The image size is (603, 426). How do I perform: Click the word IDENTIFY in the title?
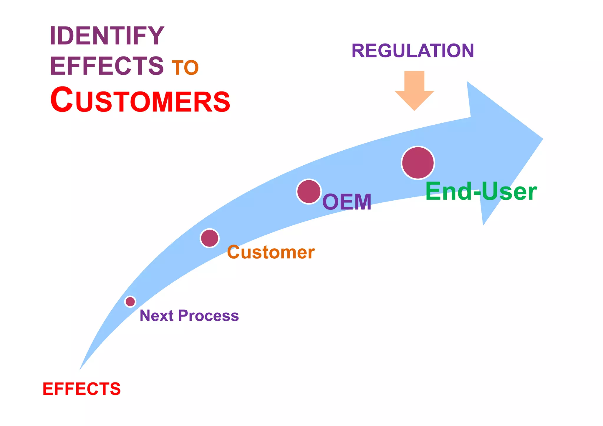[x=107, y=36]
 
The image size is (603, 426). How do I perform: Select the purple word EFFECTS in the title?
[x=107, y=66]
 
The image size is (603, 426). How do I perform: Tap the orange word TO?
[x=185, y=68]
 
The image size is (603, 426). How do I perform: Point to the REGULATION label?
[x=413, y=51]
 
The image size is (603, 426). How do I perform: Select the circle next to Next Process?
[x=130, y=302]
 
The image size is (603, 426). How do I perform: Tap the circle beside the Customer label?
[x=210, y=238]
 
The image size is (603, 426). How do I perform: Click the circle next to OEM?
[x=309, y=192]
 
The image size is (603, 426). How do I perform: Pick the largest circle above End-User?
[x=418, y=163]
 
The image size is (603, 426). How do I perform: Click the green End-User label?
[x=481, y=192]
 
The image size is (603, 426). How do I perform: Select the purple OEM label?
[x=347, y=202]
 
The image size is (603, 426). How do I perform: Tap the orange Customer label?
[x=271, y=252]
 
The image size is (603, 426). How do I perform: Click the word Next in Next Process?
[x=156, y=316]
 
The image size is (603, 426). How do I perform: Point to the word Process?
[x=208, y=316]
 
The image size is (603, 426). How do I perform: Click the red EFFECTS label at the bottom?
[x=82, y=389]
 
